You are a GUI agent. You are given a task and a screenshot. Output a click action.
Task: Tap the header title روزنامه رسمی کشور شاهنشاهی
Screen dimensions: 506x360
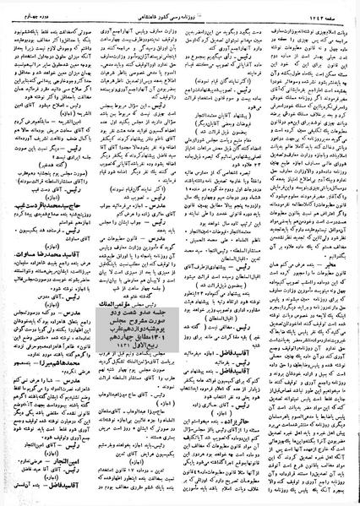(x=180, y=8)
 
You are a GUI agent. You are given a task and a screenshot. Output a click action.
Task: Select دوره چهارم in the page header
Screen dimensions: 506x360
(x=29, y=8)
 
